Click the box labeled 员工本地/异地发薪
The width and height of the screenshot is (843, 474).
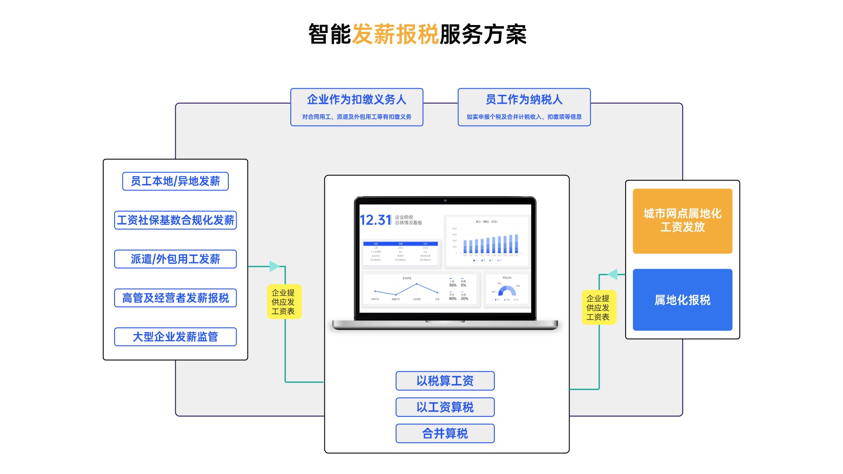[175, 181]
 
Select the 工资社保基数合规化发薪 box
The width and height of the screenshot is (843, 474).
[175, 220]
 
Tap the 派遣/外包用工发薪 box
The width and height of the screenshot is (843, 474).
[175, 259]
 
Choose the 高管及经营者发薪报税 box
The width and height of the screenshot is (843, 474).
[175, 298]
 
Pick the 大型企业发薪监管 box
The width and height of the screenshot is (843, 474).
[175, 337]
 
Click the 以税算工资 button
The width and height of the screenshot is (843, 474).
[445, 381]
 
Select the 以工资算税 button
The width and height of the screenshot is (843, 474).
[445, 407]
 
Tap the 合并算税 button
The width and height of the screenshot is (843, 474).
[445, 433]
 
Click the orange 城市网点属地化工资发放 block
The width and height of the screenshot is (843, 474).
[682, 221]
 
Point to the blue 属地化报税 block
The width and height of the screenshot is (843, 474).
[682, 300]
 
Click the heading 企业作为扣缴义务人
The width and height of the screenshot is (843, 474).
[357, 100]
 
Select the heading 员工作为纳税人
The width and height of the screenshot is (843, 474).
[524, 100]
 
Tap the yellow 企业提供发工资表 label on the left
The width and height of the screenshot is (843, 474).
[284, 302]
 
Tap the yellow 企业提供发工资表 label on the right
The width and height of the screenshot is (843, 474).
[598, 307]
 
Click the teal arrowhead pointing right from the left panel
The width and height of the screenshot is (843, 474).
[274, 266]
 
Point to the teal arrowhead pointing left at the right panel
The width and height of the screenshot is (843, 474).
[613, 274]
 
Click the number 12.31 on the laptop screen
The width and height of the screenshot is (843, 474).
[375, 220]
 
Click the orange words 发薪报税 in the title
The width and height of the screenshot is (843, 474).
[395, 34]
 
